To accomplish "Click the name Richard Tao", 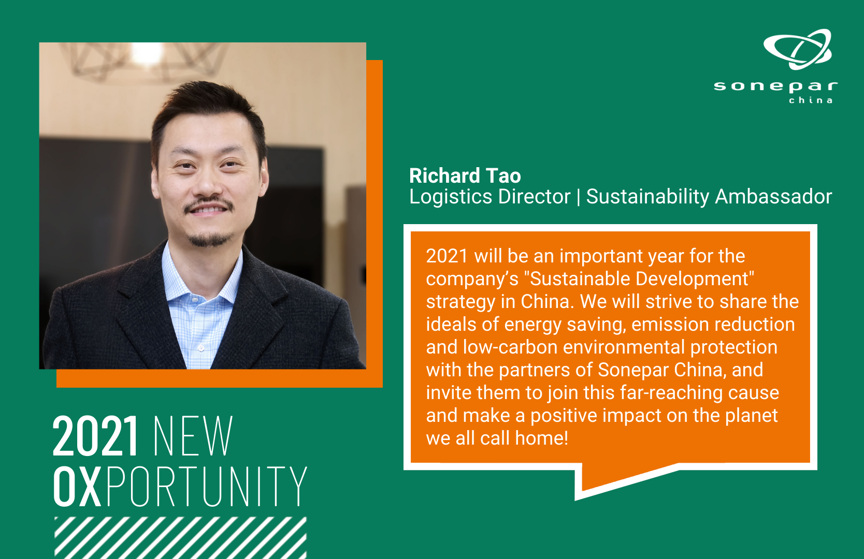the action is pos(465,176).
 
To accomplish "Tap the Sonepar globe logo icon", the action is pos(797,49).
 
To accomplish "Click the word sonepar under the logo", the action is pos(775,86).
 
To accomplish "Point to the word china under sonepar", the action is pos(810,100).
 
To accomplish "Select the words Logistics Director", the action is pos(489,197).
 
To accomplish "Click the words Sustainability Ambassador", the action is pos(709,197).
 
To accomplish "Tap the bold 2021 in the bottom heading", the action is pos(95,436).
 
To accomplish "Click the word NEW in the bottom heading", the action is pos(193,436).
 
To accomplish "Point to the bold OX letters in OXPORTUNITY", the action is pos(77,486).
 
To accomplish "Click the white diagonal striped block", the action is pos(180,538).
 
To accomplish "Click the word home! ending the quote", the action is pos(541,438).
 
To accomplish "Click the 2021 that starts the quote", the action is pos(447,256).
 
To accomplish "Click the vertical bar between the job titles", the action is pos(578,197).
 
